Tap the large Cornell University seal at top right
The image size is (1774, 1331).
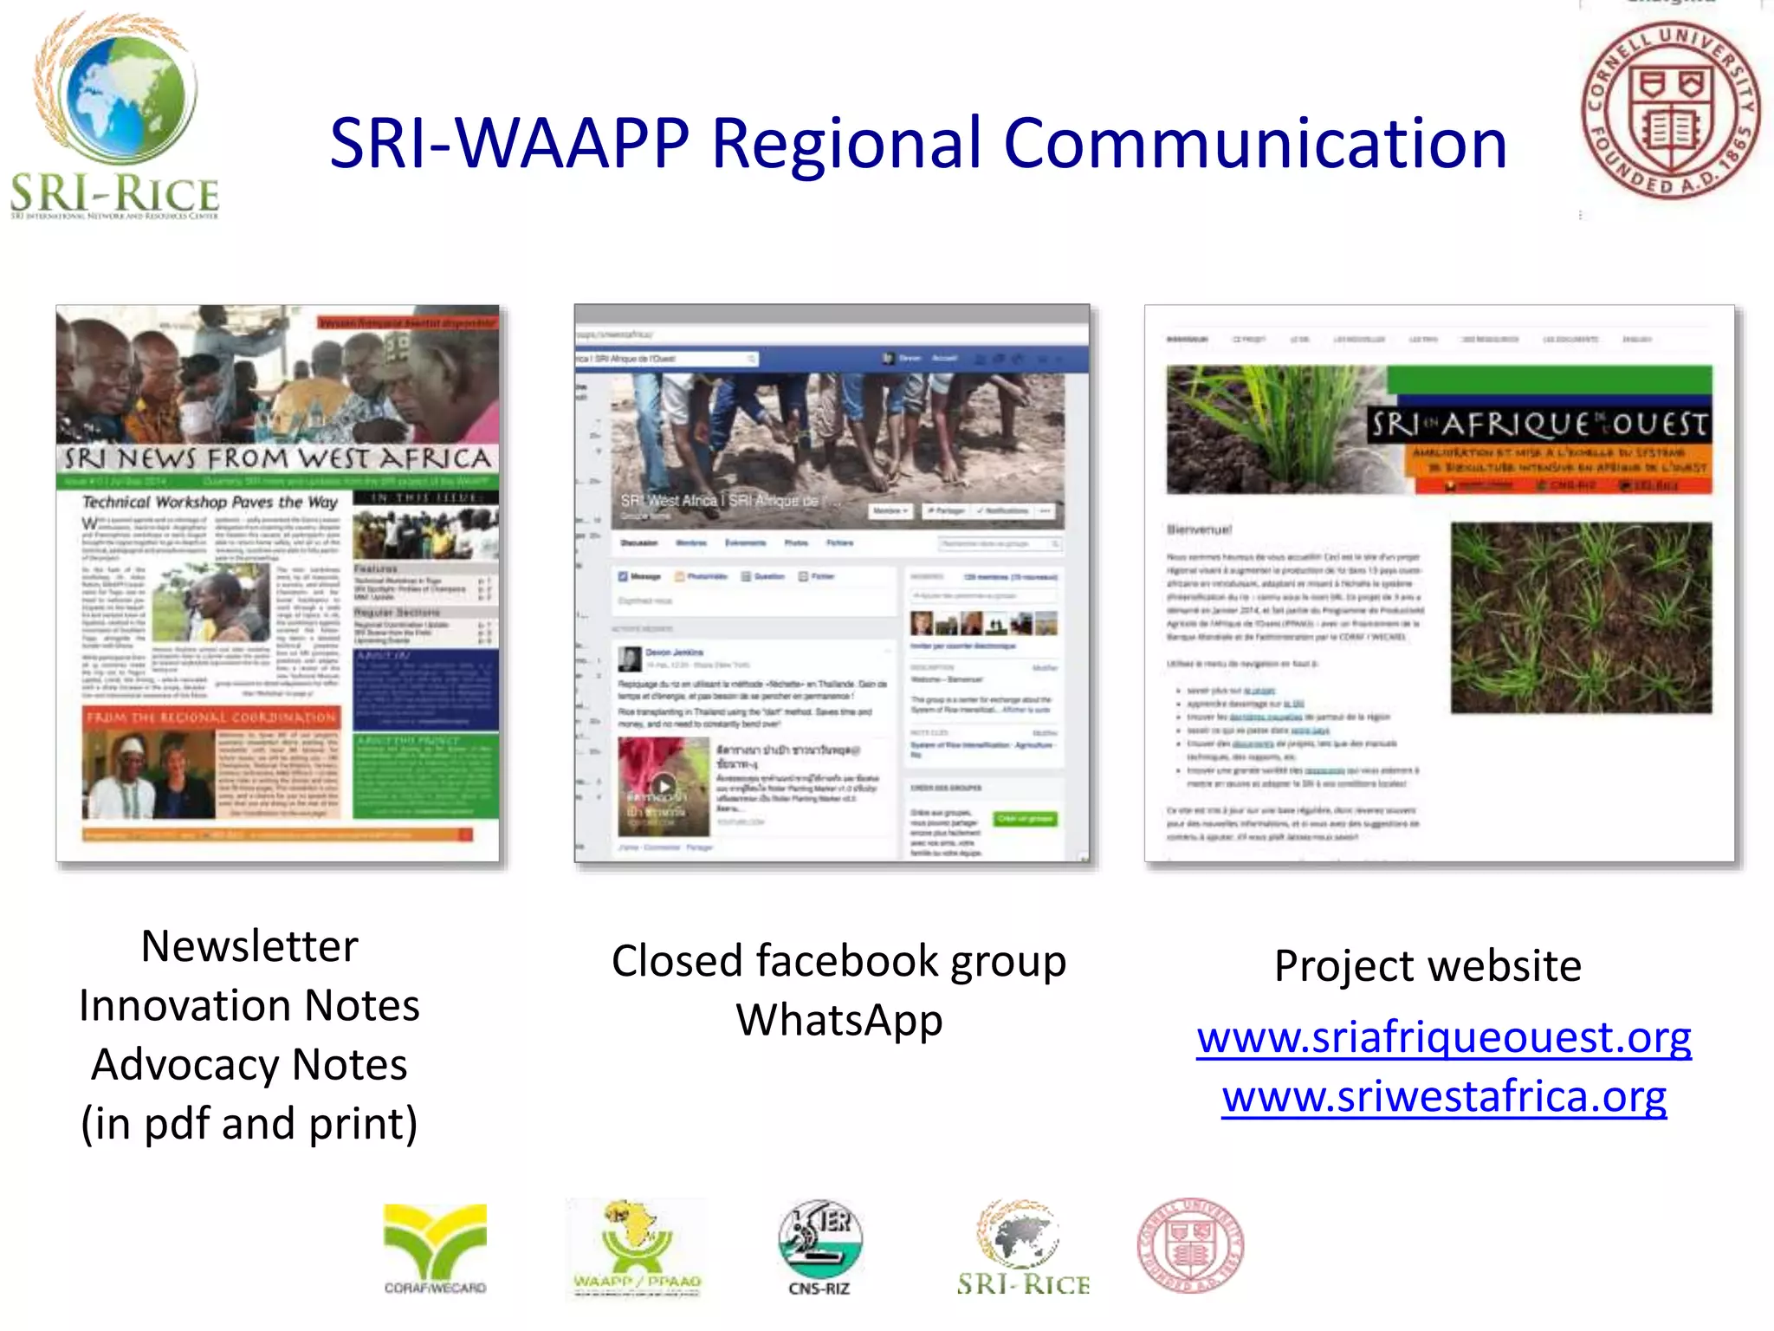1670,110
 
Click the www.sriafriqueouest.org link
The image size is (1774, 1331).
1444,1037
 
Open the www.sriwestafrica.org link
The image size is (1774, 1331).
1444,1097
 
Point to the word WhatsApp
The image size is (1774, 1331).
838,1020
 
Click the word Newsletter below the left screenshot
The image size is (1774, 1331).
249,945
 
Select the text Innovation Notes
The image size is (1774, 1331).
249,1005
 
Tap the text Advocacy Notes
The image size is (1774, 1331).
249,1064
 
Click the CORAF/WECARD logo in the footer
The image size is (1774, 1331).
435,1248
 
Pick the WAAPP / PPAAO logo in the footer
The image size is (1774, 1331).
638,1248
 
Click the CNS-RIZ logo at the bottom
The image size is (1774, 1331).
819,1248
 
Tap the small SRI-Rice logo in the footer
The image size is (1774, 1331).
1022,1248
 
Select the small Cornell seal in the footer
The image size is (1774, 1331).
1190,1245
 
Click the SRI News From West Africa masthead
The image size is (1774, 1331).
277,458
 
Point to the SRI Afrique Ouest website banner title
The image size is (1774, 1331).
1538,425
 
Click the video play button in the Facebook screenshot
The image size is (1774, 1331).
664,787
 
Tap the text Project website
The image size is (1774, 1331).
1428,965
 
